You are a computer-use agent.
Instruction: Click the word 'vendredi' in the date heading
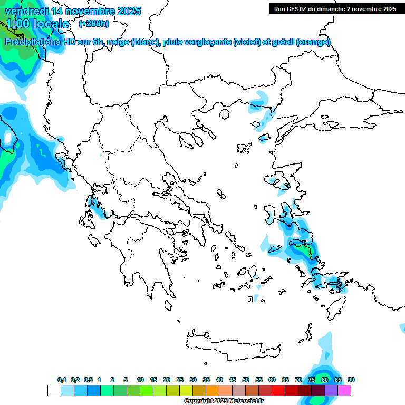point(26,11)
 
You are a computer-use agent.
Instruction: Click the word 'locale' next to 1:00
point(51,24)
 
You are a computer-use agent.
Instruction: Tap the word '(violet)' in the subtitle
point(247,42)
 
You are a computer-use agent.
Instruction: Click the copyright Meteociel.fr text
point(224,401)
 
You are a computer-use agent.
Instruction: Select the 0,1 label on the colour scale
point(62,380)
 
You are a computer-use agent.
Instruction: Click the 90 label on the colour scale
point(351,380)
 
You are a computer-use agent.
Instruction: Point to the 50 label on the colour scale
point(246,380)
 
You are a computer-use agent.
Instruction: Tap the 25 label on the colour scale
point(180,380)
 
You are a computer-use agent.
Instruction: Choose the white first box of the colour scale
point(54,390)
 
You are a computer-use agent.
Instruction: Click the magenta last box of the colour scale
point(344,390)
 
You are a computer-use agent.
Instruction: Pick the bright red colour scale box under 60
point(278,390)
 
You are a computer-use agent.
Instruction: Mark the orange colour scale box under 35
point(213,390)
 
